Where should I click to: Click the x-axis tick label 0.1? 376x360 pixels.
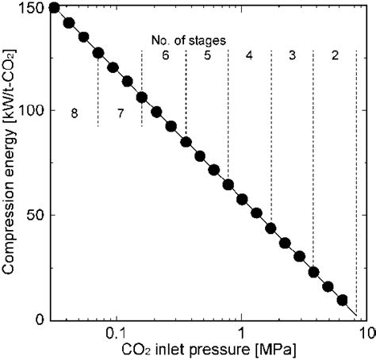tap(116, 334)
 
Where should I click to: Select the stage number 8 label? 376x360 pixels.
tap(74, 113)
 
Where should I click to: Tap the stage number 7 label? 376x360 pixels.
tap(120, 113)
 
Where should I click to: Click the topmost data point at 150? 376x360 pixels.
tap(54, 8)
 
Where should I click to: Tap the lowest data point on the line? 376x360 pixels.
tap(343, 300)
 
